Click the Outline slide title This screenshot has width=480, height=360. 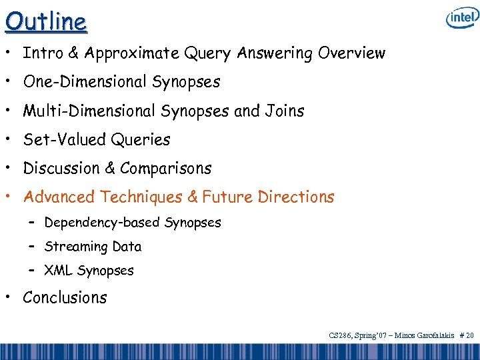pos(46,21)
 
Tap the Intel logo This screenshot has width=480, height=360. pos(462,19)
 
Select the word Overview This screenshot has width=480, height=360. pos(351,53)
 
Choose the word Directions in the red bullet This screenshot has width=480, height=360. pos(298,197)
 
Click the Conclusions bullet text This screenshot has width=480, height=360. pos(65,297)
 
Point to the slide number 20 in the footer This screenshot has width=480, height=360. pos(469,336)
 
